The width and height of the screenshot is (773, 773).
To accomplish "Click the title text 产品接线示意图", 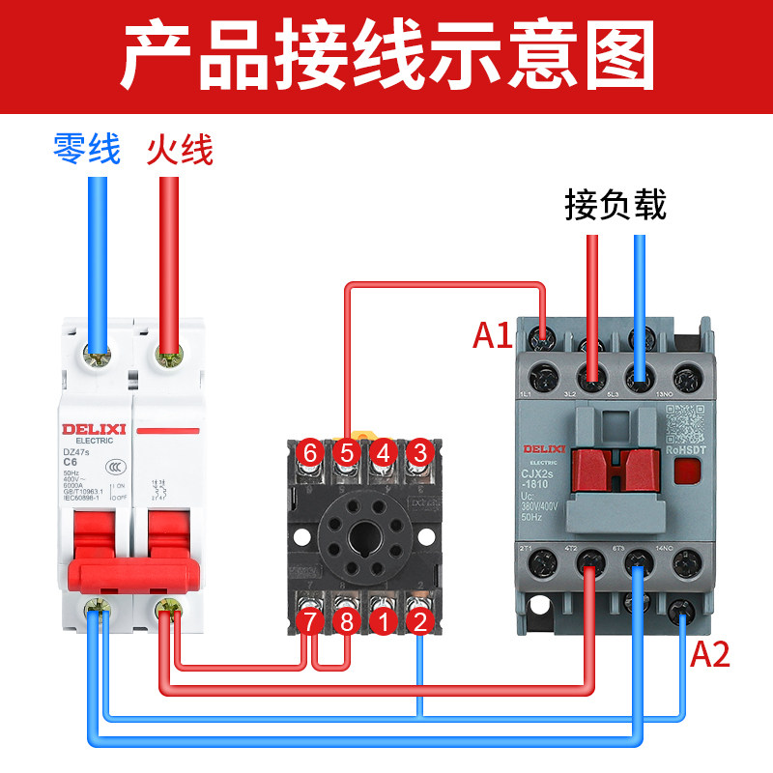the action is (x=386, y=56).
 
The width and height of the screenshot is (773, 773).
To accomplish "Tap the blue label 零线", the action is (x=87, y=150).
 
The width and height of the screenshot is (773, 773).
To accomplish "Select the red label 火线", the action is (x=180, y=150).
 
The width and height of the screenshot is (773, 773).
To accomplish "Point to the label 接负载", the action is (x=616, y=205).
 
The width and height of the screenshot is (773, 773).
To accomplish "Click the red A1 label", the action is (x=492, y=335).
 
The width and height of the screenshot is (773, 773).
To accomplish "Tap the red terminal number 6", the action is (x=310, y=452).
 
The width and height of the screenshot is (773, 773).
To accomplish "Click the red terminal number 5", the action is (x=346, y=452).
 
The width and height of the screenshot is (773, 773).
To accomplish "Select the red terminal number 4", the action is (x=383, y=452).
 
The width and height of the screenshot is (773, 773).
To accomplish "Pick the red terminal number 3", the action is (x=418, y=452).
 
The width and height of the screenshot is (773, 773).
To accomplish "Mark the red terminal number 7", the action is (x=310, y=621).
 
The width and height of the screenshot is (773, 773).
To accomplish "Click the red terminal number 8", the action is (x=346, y=621).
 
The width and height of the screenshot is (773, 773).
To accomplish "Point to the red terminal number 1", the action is (x=383, y=621).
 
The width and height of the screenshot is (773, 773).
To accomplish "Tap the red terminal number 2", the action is (x=418, y=621).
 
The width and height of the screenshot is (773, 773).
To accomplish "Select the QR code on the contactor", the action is (x=682, y=422).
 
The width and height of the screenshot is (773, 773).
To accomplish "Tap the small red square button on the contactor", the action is (x=687, y=471).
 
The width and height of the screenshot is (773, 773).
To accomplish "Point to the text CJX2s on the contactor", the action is (x=542, y=473).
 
